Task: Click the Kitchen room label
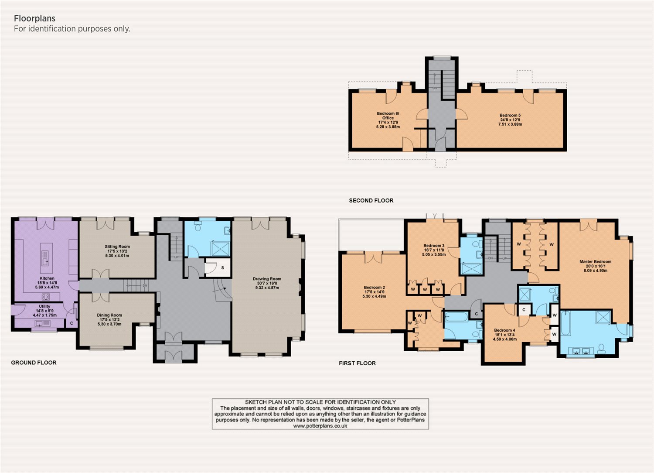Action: click(x=47, y=283)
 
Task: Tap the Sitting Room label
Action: click(x=117, y=251)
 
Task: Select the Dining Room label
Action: click(x=109, y=319)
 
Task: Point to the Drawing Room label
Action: click(x=267, y=283)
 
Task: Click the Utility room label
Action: click(x=44, y=311)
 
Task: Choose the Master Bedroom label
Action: click(x=595, y=266)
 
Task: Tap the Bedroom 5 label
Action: click(x=510, y=120)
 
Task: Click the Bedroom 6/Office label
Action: click(x=388, y=120)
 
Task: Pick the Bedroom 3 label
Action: click(x=434, y=250)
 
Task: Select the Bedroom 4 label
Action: click(x=505, y=335)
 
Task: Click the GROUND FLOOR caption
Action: click(x=34, y=363)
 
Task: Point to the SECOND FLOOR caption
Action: click(x=371, y=200)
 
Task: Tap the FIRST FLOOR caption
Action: click(x=357, y=363)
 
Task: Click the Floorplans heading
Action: click(x=35, y=18)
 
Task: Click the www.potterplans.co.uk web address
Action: click(x=320, y=426)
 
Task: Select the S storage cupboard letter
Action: click(x=222, y=267)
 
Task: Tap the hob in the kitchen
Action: click(x=46, y=297)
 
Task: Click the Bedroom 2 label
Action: click(x=374, y=292)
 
